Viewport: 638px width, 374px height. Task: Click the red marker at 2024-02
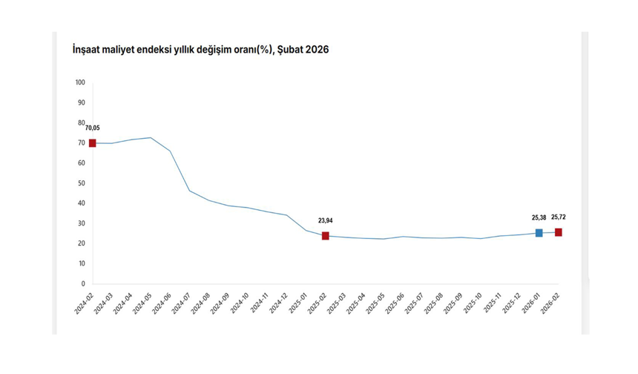tap(93, 143)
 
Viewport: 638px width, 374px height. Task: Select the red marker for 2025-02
tap(326, 236)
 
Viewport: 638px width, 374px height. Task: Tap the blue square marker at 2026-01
tap(539, 233)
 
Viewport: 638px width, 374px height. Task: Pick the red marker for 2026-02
tap(558, 232)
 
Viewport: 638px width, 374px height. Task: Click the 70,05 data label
tap(93, 128)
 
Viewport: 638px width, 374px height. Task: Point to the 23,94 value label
tap(326, 221)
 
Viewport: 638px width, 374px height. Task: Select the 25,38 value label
tap(539, 217)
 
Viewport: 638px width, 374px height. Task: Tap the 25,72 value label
tap(558, 217)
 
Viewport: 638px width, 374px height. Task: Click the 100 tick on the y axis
tap(81, 82)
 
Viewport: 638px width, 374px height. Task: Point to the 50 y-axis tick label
tap(82, 183)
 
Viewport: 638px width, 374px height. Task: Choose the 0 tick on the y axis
tap(83, 283)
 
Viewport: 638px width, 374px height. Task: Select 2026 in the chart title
tap(317, 50)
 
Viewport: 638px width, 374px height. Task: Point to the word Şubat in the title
tap(290, 50)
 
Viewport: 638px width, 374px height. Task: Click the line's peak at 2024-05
tap(151, 137)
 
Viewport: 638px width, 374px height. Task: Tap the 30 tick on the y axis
tap(82, 223)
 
